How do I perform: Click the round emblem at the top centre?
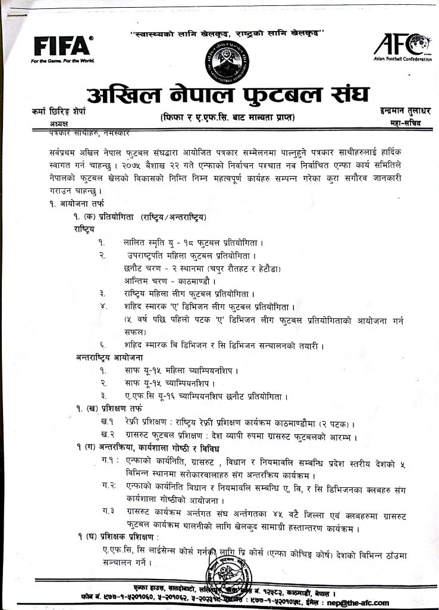(x=225, y=59)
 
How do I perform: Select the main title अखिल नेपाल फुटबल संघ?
(x=227, y=94)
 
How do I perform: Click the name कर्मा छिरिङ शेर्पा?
(x=64, y=111)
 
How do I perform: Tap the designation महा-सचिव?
(x=402, y=123)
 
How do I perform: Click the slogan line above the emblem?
(x=226, y=33)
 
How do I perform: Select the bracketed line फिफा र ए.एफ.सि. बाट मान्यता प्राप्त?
(x=227, y=118)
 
